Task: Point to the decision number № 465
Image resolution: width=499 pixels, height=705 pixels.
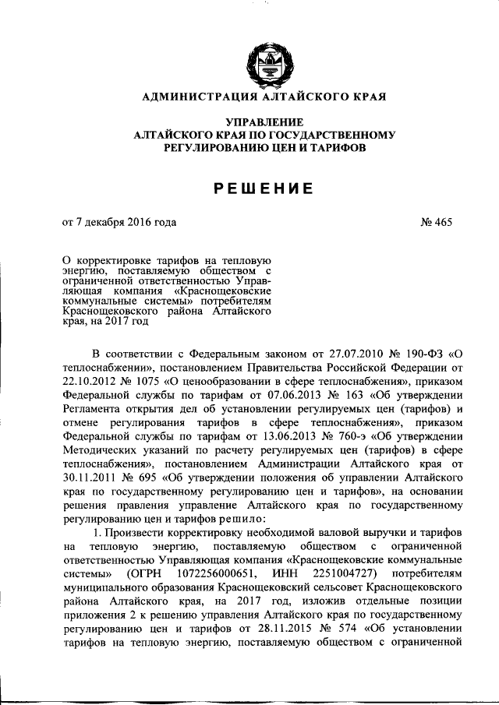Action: tap(435, 222)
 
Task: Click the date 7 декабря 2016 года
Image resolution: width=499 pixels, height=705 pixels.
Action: tap(126, 222)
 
